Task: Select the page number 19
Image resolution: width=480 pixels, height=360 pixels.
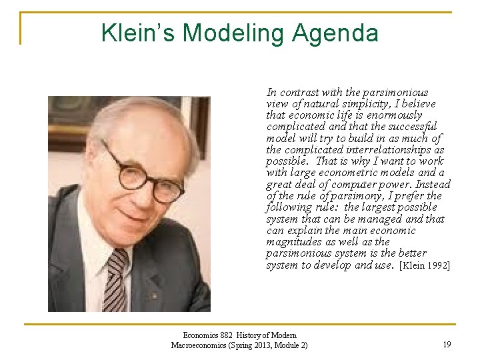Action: [x=447, y=345]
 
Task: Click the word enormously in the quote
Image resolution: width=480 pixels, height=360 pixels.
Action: [x=394, y=115]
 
